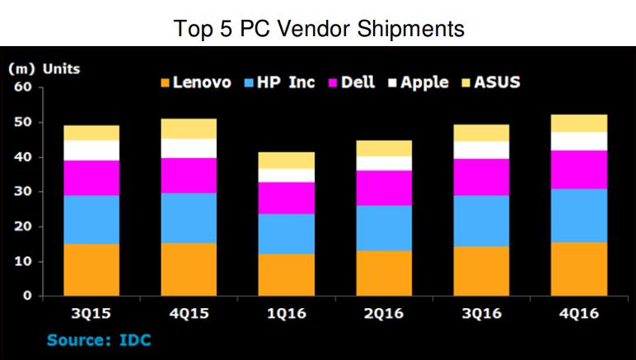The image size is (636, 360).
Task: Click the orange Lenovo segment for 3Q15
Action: tap(91, 269)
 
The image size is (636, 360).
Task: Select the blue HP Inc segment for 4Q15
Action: tap(189, 218)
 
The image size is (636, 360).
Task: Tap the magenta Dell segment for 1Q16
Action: tap(287, 199)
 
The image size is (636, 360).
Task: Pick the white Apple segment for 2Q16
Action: tap(384, 163)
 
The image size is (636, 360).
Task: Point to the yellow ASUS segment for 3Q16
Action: tap(481, 133)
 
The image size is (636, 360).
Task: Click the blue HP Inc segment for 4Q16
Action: tap(579, 216)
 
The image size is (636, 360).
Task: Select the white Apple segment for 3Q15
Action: tap(91, 151)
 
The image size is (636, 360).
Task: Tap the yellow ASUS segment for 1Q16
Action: tap(287, 161)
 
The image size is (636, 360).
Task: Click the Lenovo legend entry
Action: tap(196, 82)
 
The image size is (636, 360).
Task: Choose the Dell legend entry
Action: tap(352, 82)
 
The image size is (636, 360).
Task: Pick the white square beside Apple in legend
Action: tap(392, 83)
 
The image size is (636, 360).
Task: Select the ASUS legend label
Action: tap(498, 82)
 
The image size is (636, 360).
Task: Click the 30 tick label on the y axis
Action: tap(23, 191)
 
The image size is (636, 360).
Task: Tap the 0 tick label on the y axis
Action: tap(27, 296)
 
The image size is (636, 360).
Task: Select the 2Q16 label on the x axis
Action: tap(384, 313)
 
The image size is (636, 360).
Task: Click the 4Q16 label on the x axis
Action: tap(579, 313)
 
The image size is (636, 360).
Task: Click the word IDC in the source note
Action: tap(135, 339)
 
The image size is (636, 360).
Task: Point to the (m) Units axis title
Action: tap(44, 69)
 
